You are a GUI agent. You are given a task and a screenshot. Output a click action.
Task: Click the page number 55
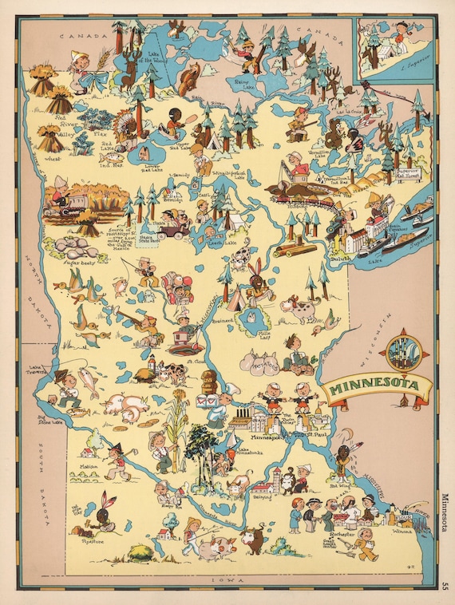[x=445, y=587]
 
